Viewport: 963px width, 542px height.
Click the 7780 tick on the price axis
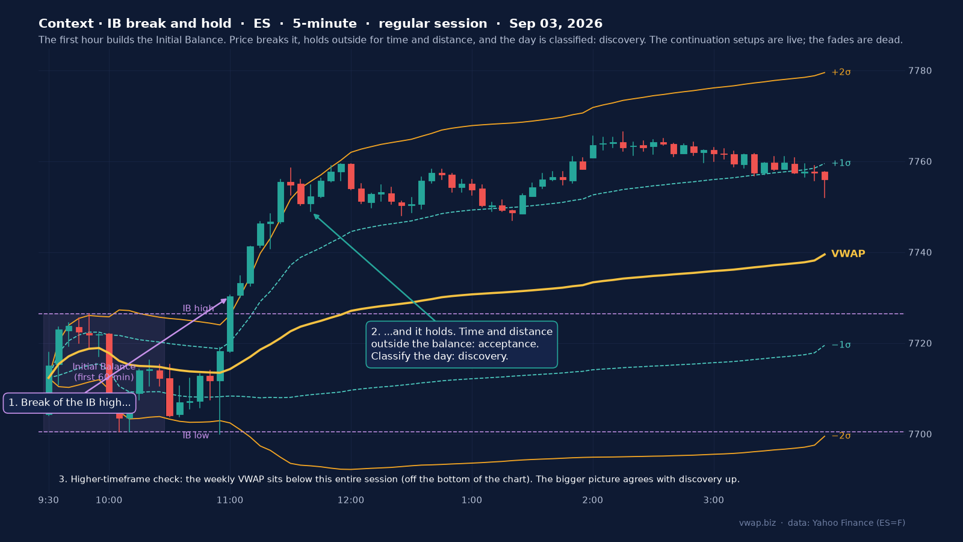pos(920,70)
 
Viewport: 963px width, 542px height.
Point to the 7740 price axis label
pos(920,252)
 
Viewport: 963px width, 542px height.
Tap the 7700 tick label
pos(920,434)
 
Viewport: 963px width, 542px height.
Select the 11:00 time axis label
pos(229,500)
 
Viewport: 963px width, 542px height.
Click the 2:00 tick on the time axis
pos(592,500)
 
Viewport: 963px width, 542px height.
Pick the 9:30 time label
pos(49,500)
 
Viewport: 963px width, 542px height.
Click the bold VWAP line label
pos(848,254)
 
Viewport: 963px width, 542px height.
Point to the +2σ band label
pos(841,72)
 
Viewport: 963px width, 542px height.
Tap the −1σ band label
pos(841,345)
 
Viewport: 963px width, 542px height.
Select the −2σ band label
pos(841,436)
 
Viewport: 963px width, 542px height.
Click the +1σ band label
pos(841,163)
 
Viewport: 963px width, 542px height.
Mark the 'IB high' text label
pos(198,308)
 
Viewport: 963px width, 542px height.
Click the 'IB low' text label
pos(196,435)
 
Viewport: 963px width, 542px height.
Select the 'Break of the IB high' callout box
pos(70,403)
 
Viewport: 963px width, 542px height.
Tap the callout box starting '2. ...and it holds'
pos(462,344)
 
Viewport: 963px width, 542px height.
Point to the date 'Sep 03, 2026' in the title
pos(556,23)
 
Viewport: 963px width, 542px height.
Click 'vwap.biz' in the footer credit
pos(758,523)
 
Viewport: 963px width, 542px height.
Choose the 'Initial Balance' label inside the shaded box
pos(104,367)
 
